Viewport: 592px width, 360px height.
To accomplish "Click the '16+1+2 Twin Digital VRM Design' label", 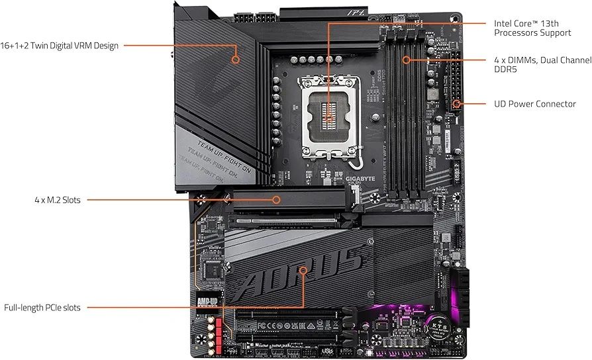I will [60, 46].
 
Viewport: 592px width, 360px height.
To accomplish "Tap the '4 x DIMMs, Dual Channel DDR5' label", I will [542, 65].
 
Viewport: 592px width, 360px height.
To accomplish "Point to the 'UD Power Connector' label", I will [535, 104].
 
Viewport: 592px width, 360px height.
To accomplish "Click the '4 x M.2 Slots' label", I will [58, 199].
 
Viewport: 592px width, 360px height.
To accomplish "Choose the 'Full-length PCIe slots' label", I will [42, 308].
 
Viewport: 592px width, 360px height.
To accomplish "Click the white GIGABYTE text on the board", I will [360, 179].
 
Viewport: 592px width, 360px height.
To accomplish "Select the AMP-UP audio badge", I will [207, 302].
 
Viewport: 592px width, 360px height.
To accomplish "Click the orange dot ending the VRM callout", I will [236, 59].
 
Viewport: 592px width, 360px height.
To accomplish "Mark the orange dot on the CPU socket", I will [329, 117].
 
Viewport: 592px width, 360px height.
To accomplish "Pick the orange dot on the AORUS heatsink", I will [303, 270].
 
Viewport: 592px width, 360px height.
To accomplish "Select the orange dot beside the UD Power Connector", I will [458, 104].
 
